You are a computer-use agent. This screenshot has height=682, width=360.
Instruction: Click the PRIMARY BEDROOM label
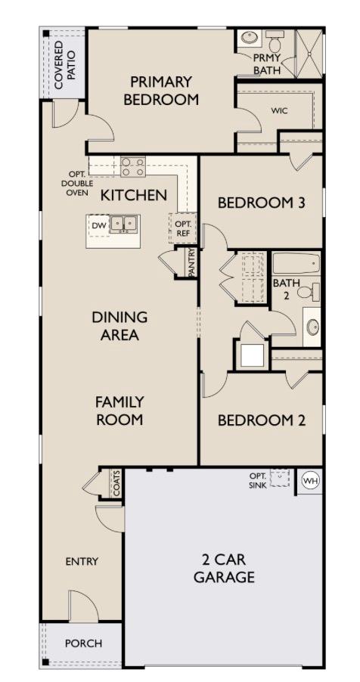161,90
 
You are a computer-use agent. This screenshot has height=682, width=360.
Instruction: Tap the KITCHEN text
134,195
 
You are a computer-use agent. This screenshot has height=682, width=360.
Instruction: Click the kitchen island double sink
125,224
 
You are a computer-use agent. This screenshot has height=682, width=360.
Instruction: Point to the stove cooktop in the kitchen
133,166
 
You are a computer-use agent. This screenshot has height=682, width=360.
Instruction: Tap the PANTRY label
192,263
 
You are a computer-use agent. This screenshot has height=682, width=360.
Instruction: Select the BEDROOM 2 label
261,420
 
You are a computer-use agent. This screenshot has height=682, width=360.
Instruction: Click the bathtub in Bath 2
296,264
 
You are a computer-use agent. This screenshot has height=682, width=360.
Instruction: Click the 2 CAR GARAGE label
224,569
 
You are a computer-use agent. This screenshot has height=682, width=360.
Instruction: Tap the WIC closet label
279,110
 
